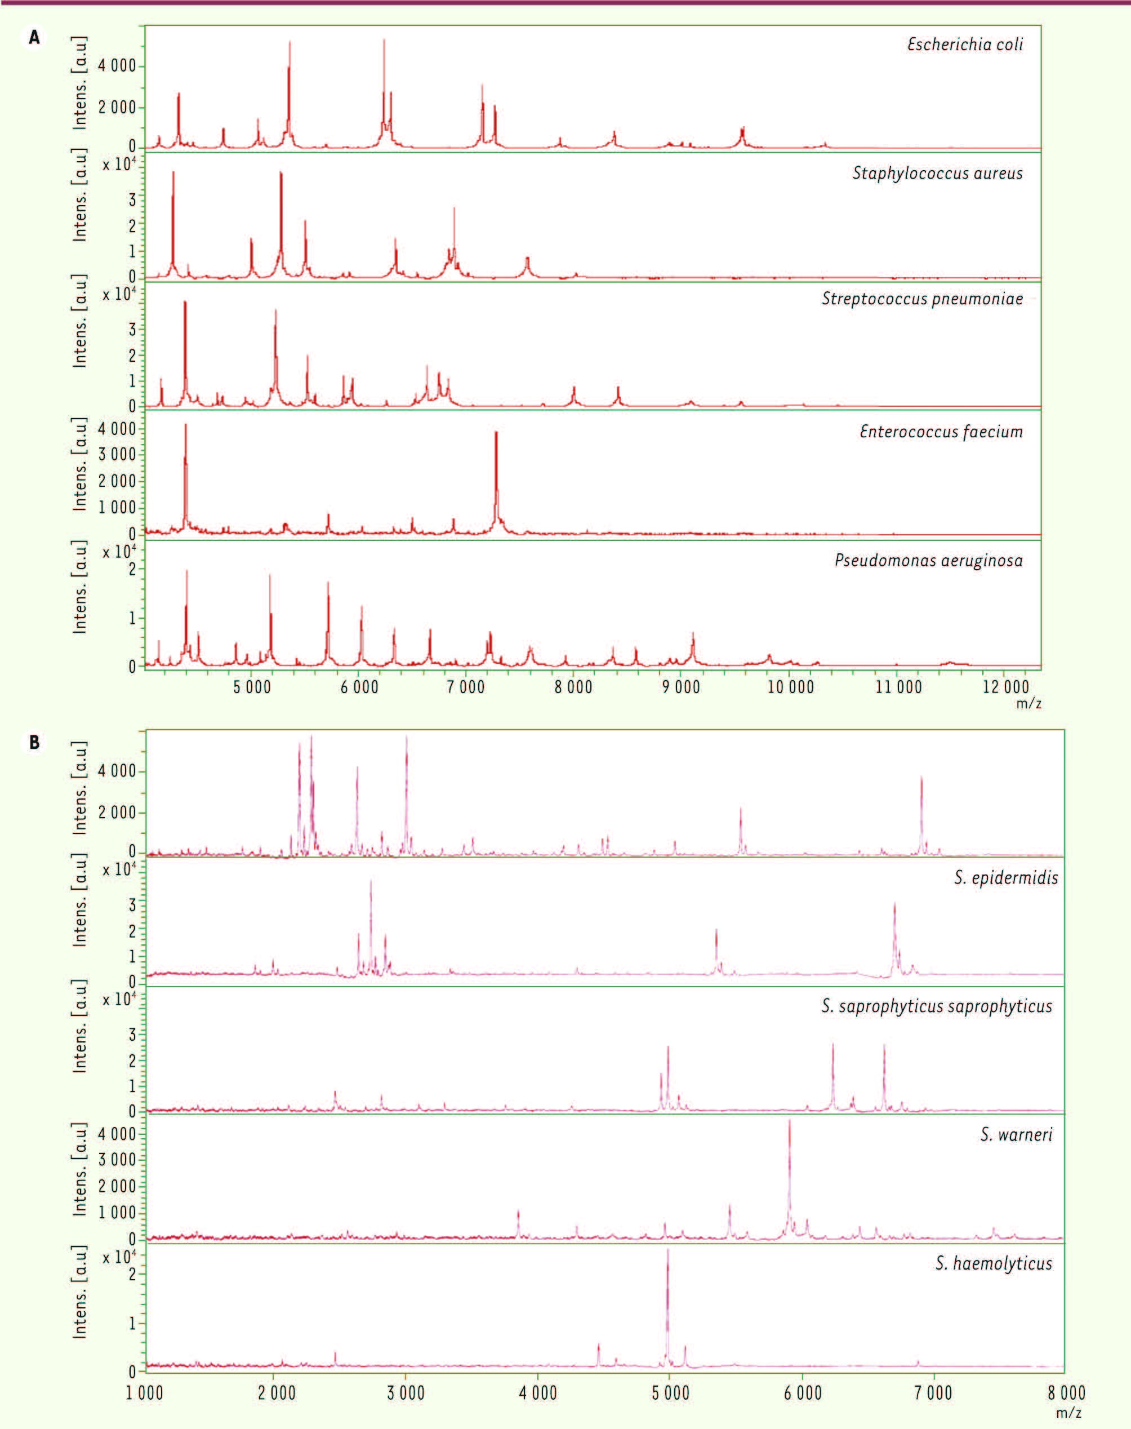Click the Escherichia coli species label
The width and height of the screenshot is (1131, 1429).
(x=965, y=45)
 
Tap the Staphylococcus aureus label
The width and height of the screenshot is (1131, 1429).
(x=937, y=174)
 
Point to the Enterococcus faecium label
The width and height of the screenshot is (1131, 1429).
(x=941, y=432)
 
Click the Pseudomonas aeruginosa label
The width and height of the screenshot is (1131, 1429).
(x=928, y=561)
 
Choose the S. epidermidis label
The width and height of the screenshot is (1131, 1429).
(x=1006, y=878)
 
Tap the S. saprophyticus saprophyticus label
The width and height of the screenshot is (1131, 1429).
(x=936, y=1006)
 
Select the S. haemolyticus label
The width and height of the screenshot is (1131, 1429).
(x=993, y=1263)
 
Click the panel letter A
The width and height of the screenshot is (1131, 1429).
(x=34, y=38)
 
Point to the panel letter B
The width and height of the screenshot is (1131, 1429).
(x=34, y=743)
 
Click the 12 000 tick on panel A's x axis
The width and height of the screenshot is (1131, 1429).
(x=1005, y=687)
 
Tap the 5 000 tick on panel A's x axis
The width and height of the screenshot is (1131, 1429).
(x=252, y=687)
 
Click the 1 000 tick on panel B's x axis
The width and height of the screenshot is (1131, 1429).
(x=145, y=1392)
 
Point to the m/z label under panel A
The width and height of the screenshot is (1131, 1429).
(x=1028, y=704)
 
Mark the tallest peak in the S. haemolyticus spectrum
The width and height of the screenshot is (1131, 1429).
(x=667, y=1252)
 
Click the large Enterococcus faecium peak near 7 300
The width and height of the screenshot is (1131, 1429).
(x=496, y=434)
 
